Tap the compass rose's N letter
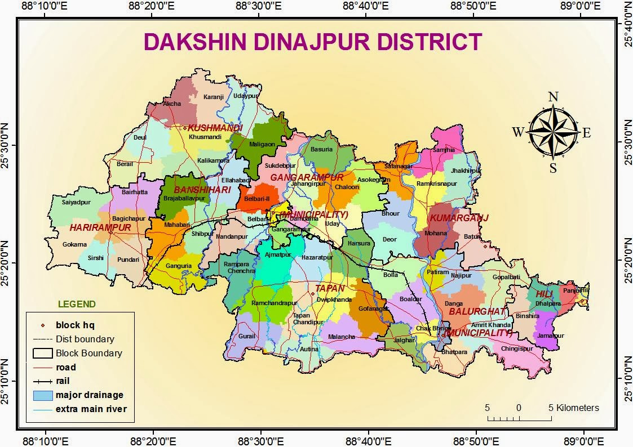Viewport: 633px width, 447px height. pyautogui.click(x=553, y=97)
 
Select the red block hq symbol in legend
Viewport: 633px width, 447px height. pyautogui.click(x=42, y=325)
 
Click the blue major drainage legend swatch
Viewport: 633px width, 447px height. pyautogui.click(x=42, y=395)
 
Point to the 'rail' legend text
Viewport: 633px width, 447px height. pyautogui.click(x=62, y=381)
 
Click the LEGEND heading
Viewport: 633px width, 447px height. pyautogui.click(x=77, y=305)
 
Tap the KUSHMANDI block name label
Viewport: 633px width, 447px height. pyautogui.click(x=215, y=128)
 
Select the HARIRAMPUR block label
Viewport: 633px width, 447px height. pyautogui.click(x=100, y=228)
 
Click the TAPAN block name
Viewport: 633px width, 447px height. pyautogui.click(x=330, y=288)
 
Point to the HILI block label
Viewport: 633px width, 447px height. pyautogui.click(x=545, y=294)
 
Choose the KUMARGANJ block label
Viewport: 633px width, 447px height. pyautogui.click(x=459, y=218)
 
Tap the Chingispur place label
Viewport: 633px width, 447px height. pyautogui.click(x=516, y=348)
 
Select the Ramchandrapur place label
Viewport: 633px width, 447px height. pyautogui.click(x=274, y=303)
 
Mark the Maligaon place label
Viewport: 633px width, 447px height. pyautogui.click(x=262, y=144)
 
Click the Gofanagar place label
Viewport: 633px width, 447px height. pyautogui.click(x=373, y=309)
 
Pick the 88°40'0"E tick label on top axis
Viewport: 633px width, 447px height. pyautogui.click(x=368, y=7)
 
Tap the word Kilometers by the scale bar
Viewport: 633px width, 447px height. pyautogui.click(x=578, y=408)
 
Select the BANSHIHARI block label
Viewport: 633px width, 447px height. pyautogui.click(x=202, y=190)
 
